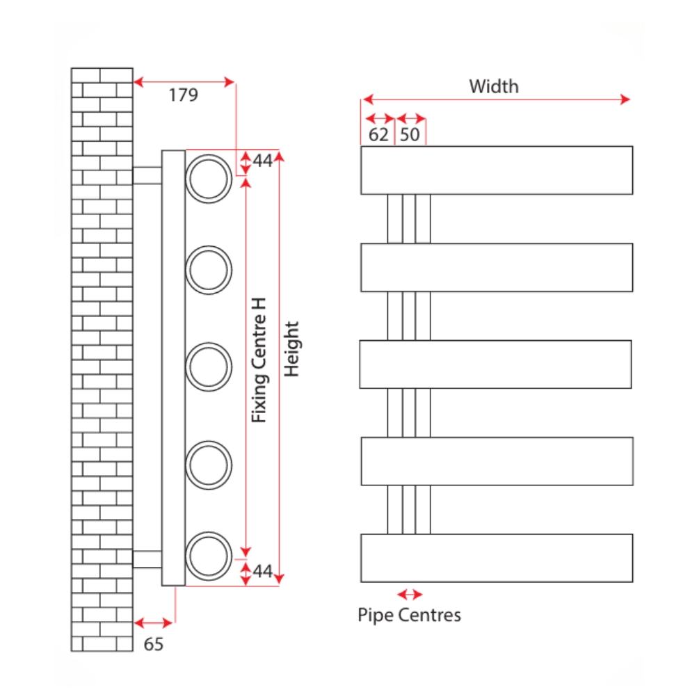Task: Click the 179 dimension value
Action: point(184,95)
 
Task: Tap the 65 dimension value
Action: point(154,644)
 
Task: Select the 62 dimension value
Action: point(378,134)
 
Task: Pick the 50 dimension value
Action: point(410,134)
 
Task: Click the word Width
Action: point(494,86)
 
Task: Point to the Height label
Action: point(292,349)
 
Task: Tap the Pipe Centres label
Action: point(409,615)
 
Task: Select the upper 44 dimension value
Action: point(262,161)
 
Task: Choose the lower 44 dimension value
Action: point(262,572)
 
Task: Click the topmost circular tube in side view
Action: point(209,178)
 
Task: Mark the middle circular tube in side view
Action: point(209,367)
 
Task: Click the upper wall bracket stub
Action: point(147,175)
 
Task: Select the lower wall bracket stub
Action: point(147,559)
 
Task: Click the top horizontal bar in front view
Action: point(497,170)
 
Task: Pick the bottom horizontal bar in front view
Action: point(497,558)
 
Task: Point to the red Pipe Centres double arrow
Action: point(409,595)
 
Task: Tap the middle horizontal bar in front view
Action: point(495,364)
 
